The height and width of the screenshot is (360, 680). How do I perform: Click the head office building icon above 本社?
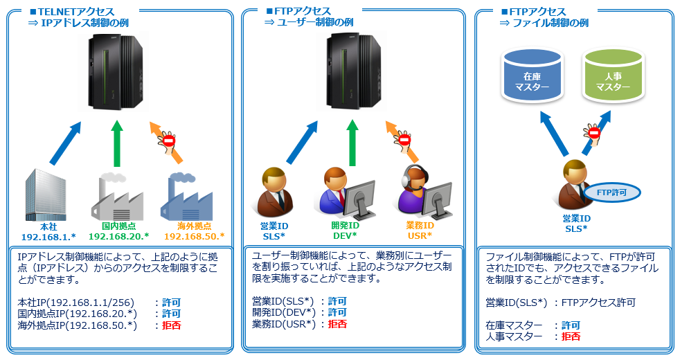pyautogui.click(x=46, y=195)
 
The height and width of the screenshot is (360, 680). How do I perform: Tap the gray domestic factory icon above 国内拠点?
pyautogui.click(x=117, y=197)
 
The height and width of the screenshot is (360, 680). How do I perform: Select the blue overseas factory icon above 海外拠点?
pyautogui.click(x=186, y=197)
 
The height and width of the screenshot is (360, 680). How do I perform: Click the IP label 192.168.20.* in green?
pyautogui.click(x=118, y=236)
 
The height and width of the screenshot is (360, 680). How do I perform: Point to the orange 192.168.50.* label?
pyautogui.click(x=195, y=236)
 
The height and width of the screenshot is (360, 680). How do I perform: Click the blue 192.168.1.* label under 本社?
pyautogui.click(x=48, y=237)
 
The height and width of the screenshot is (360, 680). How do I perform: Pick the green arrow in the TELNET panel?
pyautogui.click(x=116, y=143)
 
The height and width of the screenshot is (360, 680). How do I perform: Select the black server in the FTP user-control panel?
pyautogui.click(x=353, y=71)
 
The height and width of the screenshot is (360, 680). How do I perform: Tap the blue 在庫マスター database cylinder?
pyautogui.click(x=532, y=76)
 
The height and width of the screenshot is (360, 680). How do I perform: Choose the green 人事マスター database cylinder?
pyautogui.click(x=614, y=76)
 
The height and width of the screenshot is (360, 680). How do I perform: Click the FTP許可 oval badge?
pyautogui.click(x=611, y=192)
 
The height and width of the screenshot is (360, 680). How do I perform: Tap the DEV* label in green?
pyautogui.click(x=346, y=236)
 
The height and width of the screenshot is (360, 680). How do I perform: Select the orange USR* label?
pyautogui.click(x=420, y=236)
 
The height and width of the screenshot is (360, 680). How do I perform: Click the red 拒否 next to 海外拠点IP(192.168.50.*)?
pyautogui.click(x=171, y=325)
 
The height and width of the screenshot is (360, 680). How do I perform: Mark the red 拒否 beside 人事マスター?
pyautogui.click(x=571, y=336)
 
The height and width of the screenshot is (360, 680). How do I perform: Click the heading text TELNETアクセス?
pyautogui.click(x=76, y=12)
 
